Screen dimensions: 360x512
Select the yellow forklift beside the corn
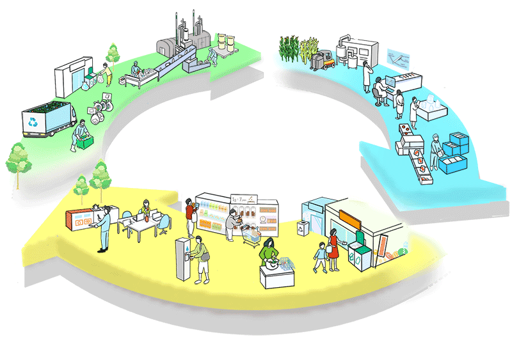click(x=324, y=58)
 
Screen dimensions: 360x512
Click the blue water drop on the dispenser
click(x=184, y=246)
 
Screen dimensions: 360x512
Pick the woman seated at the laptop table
click(x=146, y=210)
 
